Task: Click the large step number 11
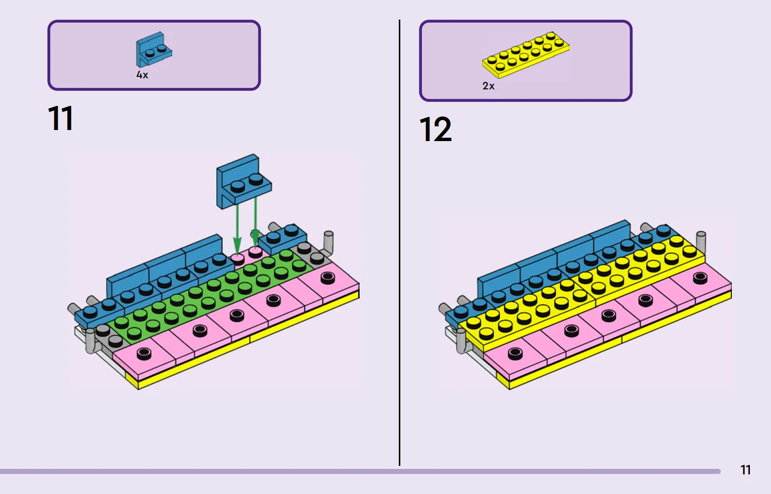coord(61,118)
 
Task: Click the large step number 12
coord(435,130)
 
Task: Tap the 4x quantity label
coord(142,75)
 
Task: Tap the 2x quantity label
coord(488,86)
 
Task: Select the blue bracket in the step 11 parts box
coord(154,50)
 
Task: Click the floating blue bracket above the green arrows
coord(244,181)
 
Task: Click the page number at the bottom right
coord(745,470)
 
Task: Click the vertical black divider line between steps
coord(399,242)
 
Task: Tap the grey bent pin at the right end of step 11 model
coord(328,243)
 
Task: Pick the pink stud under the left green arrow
coord(237,259)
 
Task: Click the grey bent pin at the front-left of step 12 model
coord(461,340)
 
